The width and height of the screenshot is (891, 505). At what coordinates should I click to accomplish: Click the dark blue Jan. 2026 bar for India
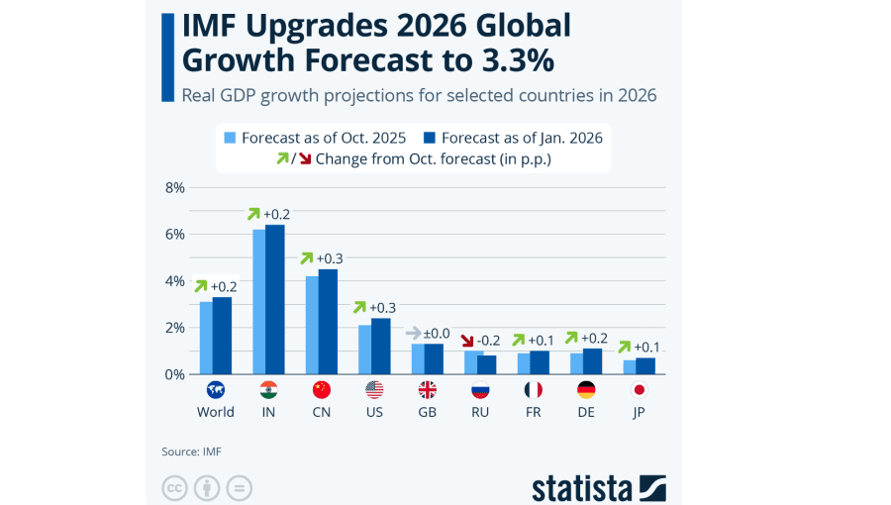(275, 299)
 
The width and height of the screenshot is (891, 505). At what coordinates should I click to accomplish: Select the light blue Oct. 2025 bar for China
(312, 325)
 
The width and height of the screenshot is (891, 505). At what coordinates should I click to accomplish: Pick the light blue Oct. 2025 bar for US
(364, 349)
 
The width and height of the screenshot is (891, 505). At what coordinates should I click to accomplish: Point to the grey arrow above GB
(414, 333)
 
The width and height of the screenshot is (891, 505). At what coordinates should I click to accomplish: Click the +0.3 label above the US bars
(384, 307)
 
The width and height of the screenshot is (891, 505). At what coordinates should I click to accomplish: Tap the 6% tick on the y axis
(174, 234)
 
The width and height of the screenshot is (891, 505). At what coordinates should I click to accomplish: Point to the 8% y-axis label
(174, 187)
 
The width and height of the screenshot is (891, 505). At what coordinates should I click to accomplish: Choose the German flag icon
(586, 390)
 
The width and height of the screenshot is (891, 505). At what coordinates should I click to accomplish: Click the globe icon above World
(215, 390)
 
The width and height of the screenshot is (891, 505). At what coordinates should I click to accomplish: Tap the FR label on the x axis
(533, 412)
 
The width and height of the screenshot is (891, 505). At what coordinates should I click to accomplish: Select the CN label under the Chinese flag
(321, 412)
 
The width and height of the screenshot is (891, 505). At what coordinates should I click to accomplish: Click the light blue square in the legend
(230, 138)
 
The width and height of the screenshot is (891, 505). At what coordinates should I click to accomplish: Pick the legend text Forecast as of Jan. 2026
(522, 138)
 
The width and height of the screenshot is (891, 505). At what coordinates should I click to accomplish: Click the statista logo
(598, 487)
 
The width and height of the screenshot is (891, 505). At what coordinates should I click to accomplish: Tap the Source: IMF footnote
(191, 452)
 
